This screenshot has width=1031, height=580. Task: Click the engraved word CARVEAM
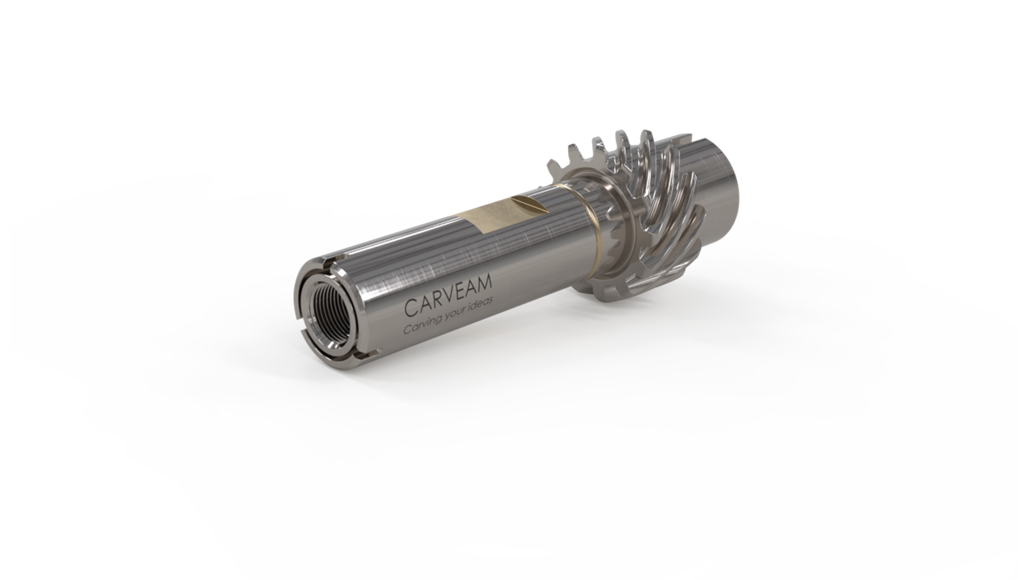449,295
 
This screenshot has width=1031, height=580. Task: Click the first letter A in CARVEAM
424,304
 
